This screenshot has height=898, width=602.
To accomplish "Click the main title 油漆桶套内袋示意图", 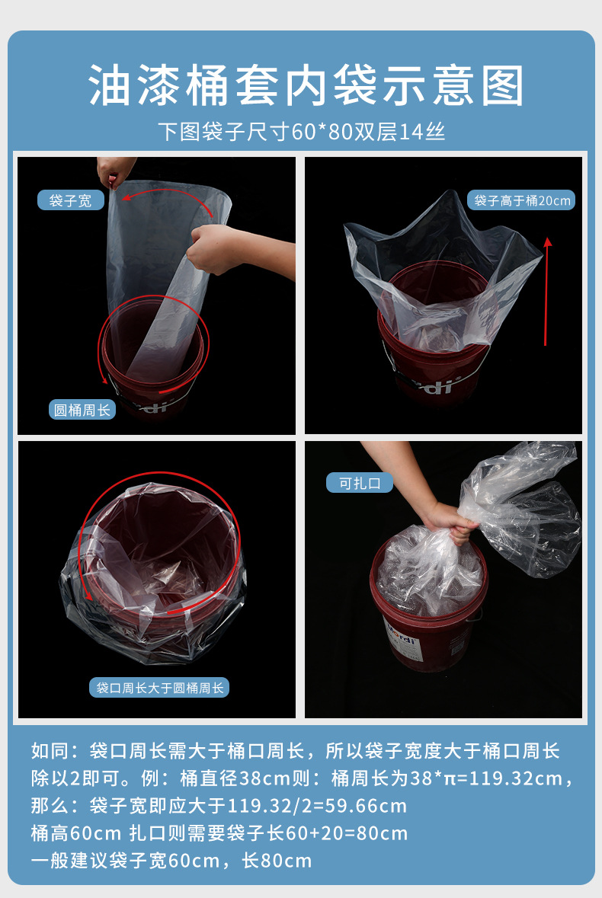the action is pyautogui.click(x=306, y=85).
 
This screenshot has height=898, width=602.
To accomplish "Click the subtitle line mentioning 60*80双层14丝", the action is pyautogui.click(x=301, y=131).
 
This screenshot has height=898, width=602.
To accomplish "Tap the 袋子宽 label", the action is pyautogui.click(x=70, y=200).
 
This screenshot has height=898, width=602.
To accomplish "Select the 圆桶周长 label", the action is pyautogui.click(x=82, y=410).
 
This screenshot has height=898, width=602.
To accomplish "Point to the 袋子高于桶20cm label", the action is pyautogui.click(x=521, y=200).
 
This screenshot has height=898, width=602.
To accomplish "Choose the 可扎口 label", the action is pyautogui.click(x=360, y=483).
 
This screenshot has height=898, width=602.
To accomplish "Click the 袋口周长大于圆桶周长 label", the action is pyautogui.click(x=159, y=687).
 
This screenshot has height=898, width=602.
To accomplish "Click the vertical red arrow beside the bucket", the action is pyautogui.click(x=547, y=292).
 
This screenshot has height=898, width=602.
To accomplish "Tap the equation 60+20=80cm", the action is pyautogui.click(x=347, y=832).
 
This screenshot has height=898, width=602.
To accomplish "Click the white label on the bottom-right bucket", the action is pyautogui.click(x=403, y=641).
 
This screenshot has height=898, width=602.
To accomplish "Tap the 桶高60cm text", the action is pyautogui.click(x=76, y=832).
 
